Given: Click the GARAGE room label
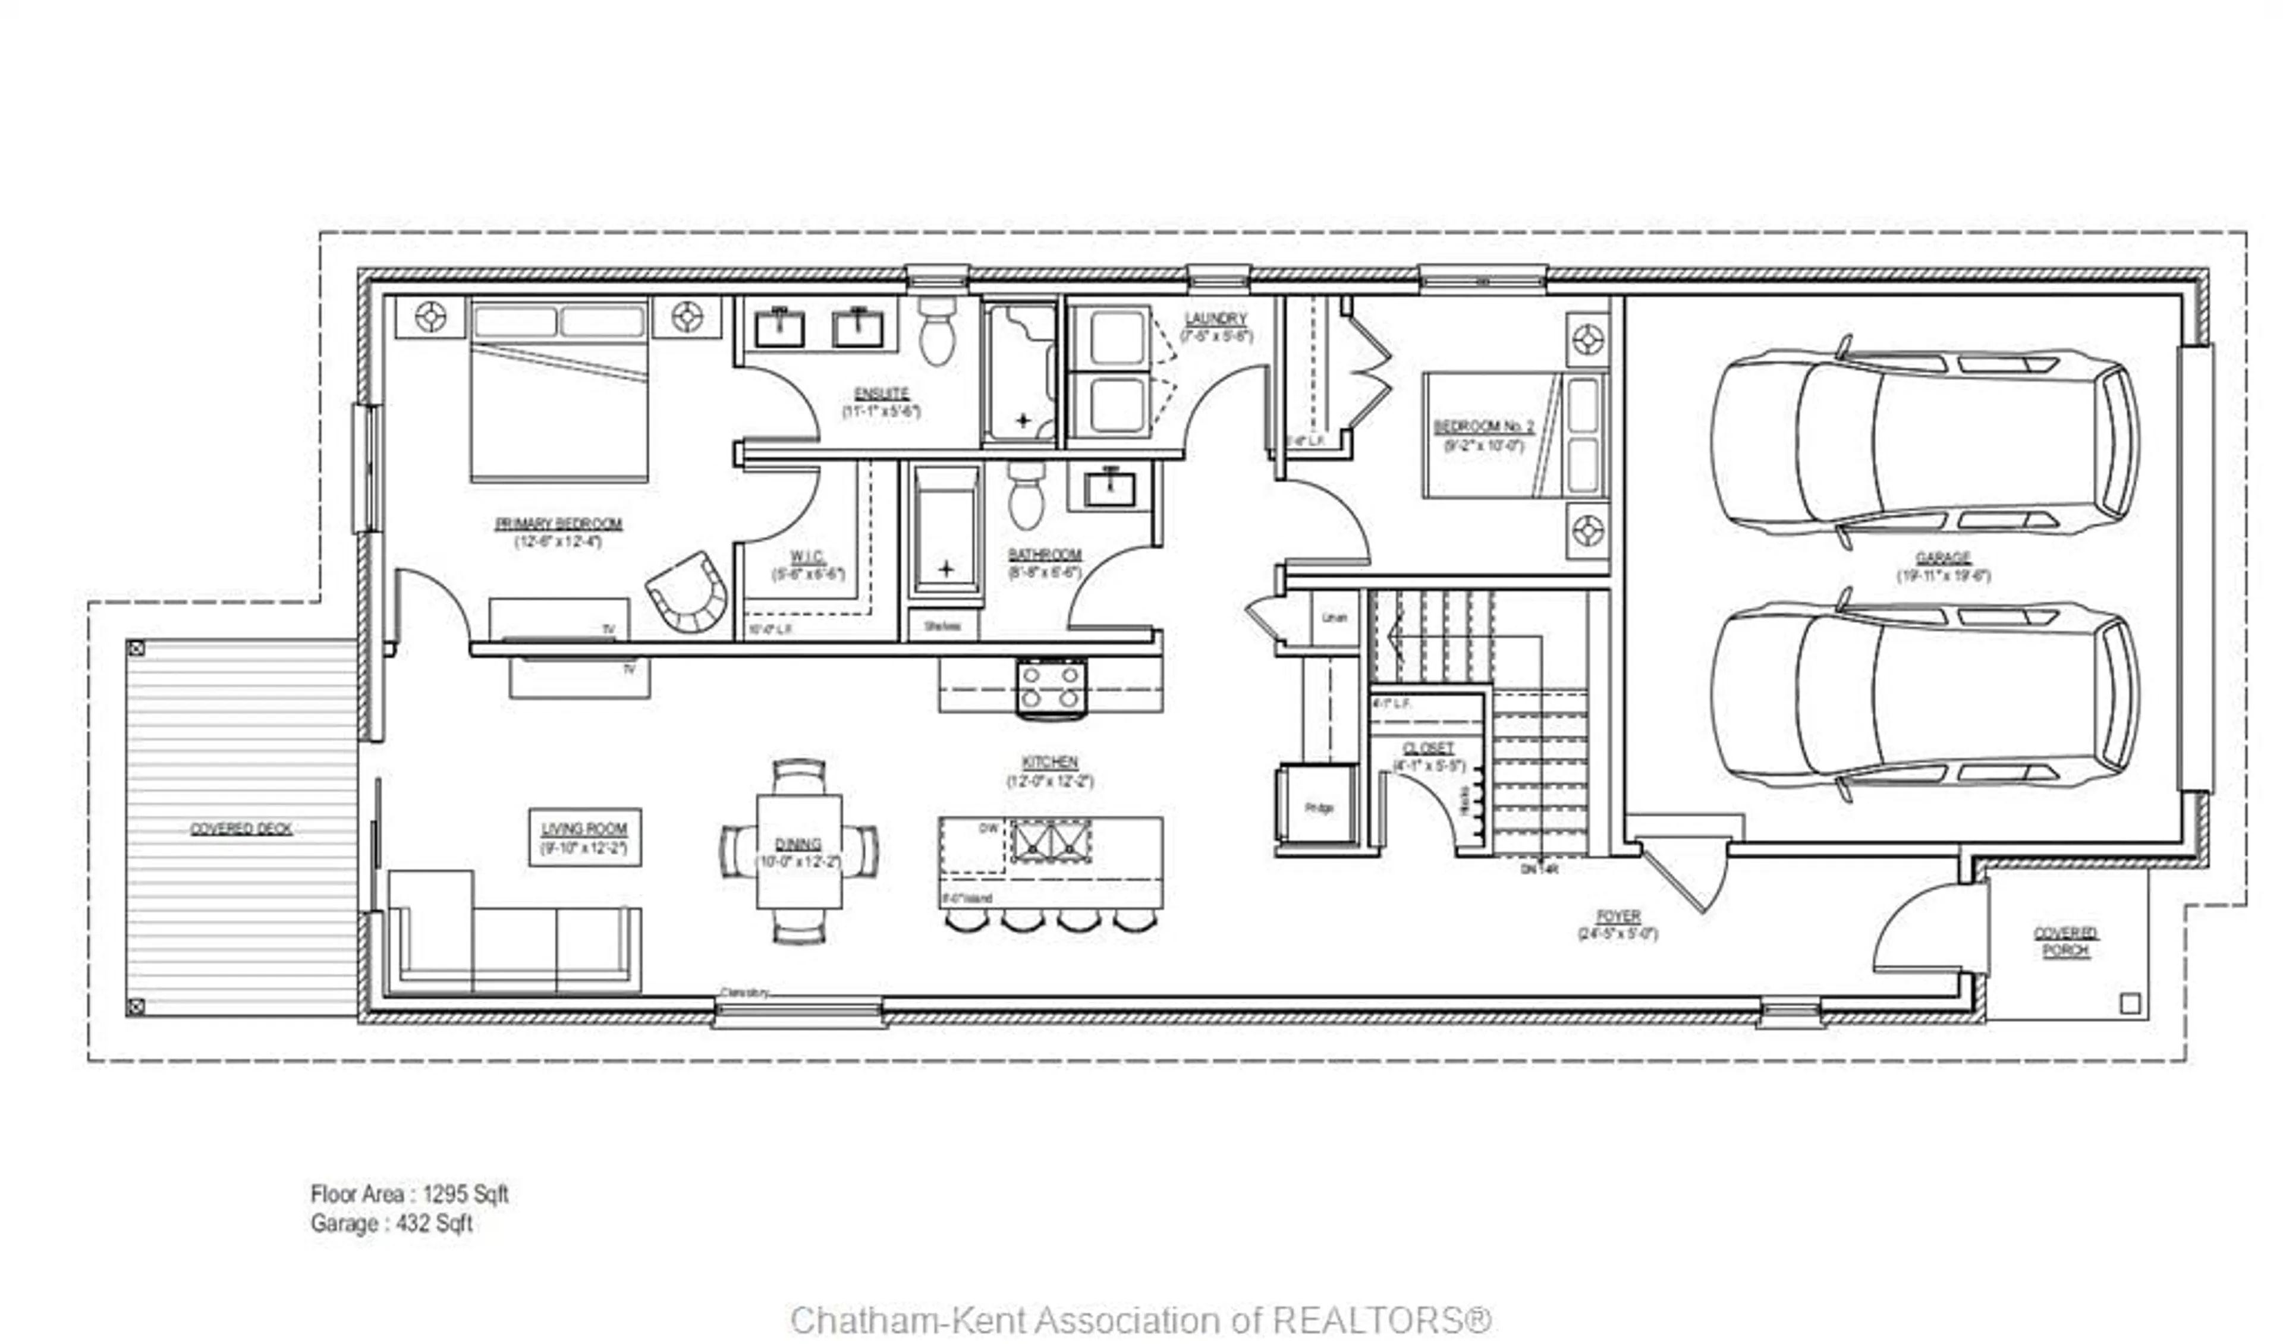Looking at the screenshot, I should [x=1944, y=558].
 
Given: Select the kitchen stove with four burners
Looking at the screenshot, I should [x=1051, y=688].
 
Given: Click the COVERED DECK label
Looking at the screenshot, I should [x=241, y=829].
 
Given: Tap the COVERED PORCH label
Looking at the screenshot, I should [x=2065, y=942].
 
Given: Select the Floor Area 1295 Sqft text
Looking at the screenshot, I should [x=410, y=1194].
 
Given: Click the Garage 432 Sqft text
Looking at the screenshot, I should [x=391, y=1223].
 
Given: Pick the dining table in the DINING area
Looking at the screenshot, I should [x=799, y=851].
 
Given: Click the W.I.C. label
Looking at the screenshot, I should [x=806, y=556].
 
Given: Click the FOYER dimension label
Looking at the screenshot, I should [x=1617, y=934].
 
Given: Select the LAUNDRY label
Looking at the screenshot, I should [x=1215, y=319].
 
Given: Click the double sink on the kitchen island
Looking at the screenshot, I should [x=1051, y=841].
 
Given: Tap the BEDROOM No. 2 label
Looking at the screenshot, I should [x=1483, y=427].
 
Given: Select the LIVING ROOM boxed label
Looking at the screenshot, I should [x=584, y=837].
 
